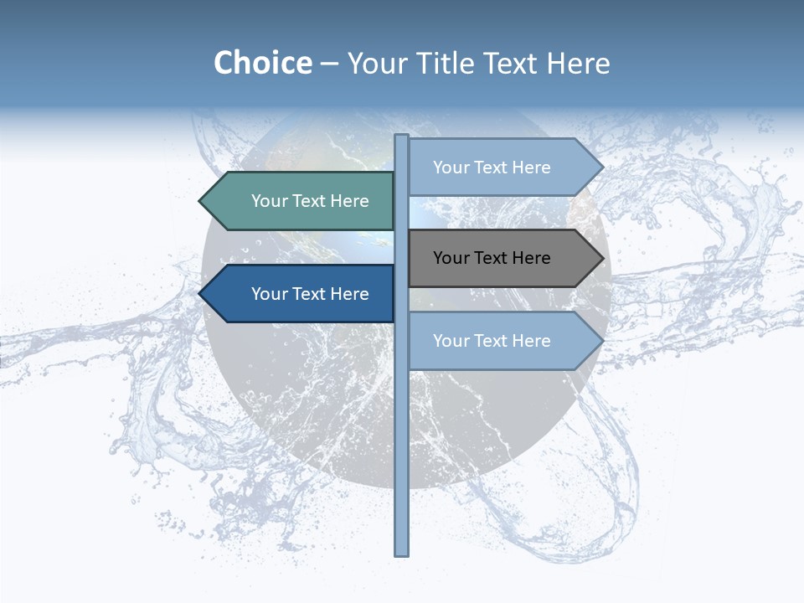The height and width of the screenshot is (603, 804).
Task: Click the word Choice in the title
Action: tap(262, 63)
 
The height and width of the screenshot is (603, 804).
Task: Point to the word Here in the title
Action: tap(578, 63)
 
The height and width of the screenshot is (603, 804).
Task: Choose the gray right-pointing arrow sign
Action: tap(502, 258)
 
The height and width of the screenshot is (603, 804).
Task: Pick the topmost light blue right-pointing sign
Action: tap(502, 167)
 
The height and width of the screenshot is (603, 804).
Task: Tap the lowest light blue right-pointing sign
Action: tap(502, 341)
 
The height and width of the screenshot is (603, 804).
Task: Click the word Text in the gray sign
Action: tap(492, 258)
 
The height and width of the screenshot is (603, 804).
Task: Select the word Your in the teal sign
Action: tap(269, 201)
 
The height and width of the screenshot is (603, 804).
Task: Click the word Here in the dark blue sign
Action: tap(349, 294)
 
